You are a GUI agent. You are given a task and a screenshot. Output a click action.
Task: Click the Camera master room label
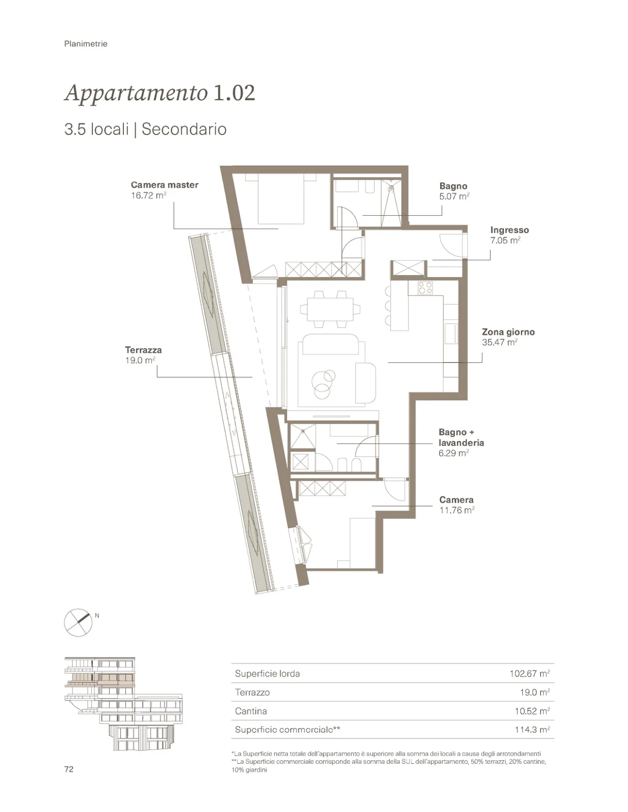click(164, 185)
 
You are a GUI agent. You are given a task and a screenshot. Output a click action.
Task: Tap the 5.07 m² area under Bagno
click(454, 196)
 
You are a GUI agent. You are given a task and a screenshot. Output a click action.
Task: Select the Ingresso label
click(510, 230)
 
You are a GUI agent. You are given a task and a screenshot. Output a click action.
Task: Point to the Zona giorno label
click(508, 332)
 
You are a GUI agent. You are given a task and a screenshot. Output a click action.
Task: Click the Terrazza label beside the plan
click(144, 350)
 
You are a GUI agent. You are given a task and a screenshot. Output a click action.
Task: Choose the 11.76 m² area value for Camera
click(457, 510)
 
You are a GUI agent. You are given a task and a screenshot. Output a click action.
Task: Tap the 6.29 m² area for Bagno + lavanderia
click(454, 453)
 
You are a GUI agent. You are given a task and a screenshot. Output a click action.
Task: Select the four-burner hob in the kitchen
click(425, 287)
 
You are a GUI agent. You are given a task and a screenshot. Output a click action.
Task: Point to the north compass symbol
click(78, 623)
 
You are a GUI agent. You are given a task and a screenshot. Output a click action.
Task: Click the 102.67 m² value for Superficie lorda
click(530, 673)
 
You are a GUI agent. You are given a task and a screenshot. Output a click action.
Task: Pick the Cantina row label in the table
click(251, 710)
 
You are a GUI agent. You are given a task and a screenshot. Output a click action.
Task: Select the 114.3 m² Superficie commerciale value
click(533, 729)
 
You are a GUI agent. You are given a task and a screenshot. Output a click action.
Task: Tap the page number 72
click(69, 769)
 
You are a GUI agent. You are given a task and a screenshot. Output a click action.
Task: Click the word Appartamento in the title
click(137, 93)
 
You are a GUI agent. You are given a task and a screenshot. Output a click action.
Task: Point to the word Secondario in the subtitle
click(184, 129)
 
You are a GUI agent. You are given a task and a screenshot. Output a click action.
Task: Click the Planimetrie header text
click(86, 44)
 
